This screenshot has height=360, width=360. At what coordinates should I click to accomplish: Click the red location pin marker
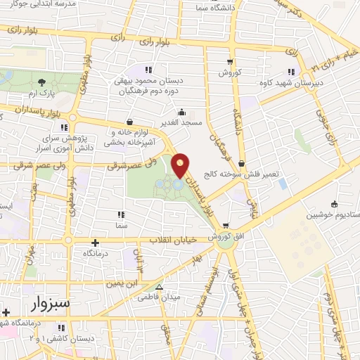[181, 166]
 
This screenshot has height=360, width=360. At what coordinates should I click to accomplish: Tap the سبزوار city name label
[51, 304]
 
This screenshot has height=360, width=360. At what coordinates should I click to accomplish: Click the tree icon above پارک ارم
[44, 82]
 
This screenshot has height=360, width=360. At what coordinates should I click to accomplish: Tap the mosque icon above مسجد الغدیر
[182, 111]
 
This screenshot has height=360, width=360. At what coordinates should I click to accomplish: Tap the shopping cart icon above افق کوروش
[226, 226]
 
